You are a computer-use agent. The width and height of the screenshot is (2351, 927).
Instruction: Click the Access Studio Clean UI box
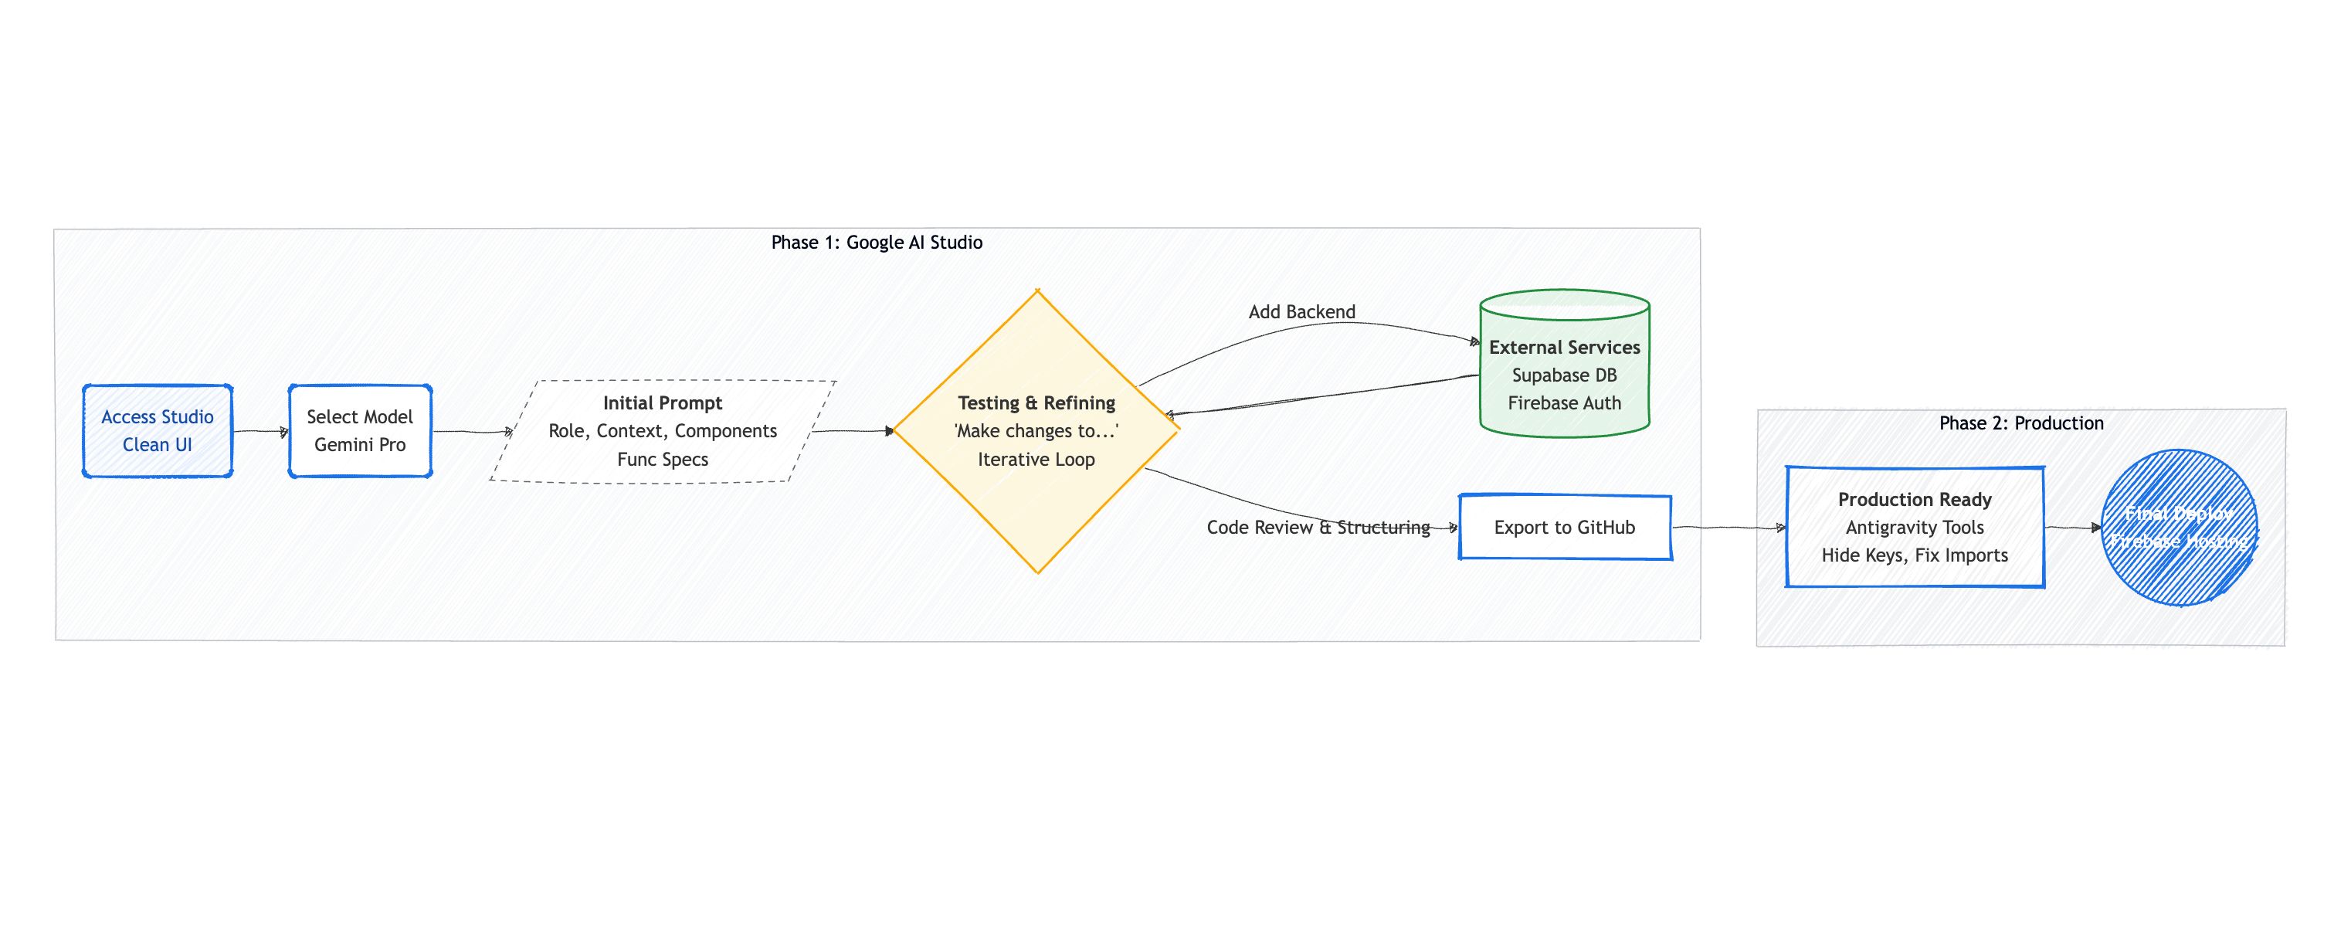tap(157, 430)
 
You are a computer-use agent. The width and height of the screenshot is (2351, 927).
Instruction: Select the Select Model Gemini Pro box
tap(360, 430)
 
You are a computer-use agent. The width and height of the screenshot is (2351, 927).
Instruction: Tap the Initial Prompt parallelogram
tap(663, 430)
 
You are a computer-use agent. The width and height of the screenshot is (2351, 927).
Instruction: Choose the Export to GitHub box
tap(1564, 528)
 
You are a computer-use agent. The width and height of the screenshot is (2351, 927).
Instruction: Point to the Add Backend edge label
tap(1301, 312)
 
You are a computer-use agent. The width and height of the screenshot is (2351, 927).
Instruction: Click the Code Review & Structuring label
tap(1318, 528)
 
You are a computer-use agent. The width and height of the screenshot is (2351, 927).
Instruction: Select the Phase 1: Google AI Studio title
tap(876, 243)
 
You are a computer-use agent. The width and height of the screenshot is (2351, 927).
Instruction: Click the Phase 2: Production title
tap(2020, 423)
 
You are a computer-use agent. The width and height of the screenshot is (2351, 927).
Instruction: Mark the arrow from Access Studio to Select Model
tap(260, 432)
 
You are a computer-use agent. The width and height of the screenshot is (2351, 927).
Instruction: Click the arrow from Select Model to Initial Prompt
tap(471, 432)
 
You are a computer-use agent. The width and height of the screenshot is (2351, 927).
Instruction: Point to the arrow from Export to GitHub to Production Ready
tap(1728, 528)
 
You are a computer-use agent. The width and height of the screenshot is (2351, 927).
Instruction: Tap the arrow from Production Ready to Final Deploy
tap(2071, 528)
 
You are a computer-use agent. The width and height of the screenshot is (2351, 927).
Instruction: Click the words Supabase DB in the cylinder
tap(1564, 375)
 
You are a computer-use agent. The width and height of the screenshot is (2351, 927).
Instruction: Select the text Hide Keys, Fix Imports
tap(1914, 555)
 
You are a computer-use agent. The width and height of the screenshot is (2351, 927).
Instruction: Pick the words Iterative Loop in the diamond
tap(1036, 460)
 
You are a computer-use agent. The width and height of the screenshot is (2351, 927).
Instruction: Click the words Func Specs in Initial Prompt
tap(663, 460)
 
